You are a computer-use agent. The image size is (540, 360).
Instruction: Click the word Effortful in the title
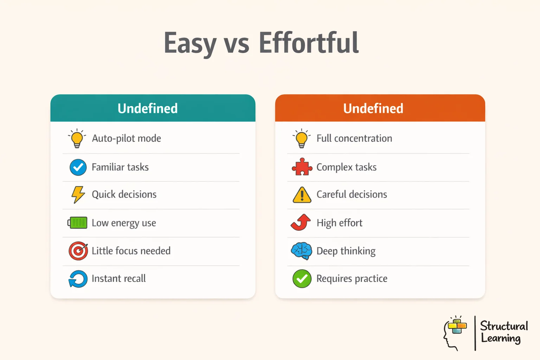pos(309,43)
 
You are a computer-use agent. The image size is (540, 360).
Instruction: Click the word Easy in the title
pos(190,43)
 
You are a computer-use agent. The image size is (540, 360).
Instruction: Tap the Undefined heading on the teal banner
pos(148,108)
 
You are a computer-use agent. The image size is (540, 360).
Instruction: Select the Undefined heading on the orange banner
pos(373,108)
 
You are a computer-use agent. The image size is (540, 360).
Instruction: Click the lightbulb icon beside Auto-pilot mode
pos(77,139)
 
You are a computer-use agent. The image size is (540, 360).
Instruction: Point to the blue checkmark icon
pos(78,167)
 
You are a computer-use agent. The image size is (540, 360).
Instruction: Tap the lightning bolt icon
pos(78,194)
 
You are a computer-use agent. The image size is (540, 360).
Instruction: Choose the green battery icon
pos(78,223)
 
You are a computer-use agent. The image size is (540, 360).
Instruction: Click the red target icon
pos(78,251)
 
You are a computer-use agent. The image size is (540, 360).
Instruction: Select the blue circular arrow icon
pos(78,279)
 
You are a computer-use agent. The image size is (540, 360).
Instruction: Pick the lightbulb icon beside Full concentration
pos(302,139)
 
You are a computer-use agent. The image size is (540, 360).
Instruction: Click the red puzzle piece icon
pos(302,167)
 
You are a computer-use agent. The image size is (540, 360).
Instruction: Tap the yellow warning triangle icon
pos(302,195)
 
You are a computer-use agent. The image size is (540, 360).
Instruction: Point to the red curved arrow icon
pos(301,223)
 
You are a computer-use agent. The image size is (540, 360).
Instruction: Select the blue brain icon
pos(302,251)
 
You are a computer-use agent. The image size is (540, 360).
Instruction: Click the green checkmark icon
pos(302,279)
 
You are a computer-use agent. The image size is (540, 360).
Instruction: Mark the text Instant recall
pos(118,278)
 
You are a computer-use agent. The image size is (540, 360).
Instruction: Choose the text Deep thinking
pos(346,251)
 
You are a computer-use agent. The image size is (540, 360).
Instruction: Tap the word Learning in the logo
pos(501,338)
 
